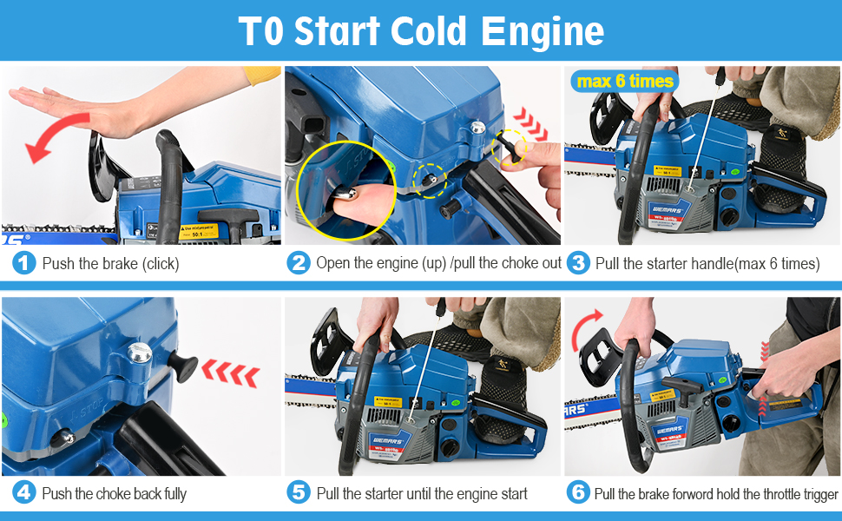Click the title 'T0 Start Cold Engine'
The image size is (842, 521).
click(x=421, y=31)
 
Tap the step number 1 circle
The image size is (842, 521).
click(x=25, y=263)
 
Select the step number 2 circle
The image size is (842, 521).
click(x=298, y=263)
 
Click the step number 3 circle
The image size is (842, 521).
click(x=578, y=263)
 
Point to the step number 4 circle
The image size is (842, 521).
click(x=25, y=493)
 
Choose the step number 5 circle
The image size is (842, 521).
click(x=299, y=493)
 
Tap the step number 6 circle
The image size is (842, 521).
click(x=578, y=493)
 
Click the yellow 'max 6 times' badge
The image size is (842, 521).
click(x=623, y=82)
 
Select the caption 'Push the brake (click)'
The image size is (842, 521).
click(x=110, y=264)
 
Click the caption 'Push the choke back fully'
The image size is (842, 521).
click(x=114, y=494)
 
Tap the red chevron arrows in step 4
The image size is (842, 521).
click(x=230, y=373)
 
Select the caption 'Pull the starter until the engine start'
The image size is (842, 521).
click(x=422, y=494)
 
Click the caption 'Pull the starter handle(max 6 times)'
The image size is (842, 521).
click(x=707, y=264)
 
